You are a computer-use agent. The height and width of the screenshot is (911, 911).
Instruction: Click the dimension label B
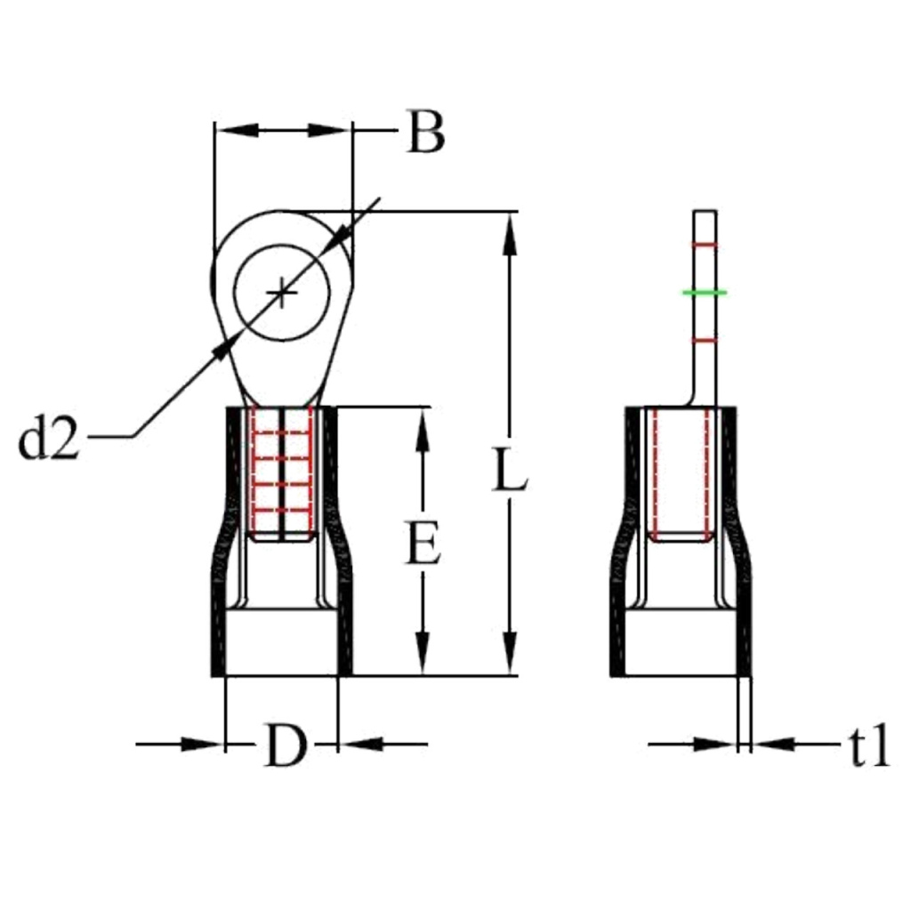(x=425, y=133)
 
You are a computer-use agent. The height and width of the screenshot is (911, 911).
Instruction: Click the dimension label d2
(x=49, y=440)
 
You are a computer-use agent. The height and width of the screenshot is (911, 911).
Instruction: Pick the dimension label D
(x=285, y=746)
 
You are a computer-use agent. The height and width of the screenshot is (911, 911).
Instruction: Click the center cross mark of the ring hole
(x=281, y=292)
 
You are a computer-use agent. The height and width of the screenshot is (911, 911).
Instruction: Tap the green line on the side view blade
(x=705, y=292)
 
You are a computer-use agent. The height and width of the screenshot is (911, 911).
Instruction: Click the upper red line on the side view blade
(x=705, y=246)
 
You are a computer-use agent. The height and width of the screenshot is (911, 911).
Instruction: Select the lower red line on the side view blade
(x=705, y=340)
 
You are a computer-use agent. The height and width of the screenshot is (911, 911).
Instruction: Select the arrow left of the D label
(x=200, y=743)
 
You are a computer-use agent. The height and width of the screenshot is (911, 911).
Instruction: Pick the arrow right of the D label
(x=360, y=743)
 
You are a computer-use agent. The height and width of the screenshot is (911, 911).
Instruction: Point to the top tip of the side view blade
(x=705, y=212)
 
